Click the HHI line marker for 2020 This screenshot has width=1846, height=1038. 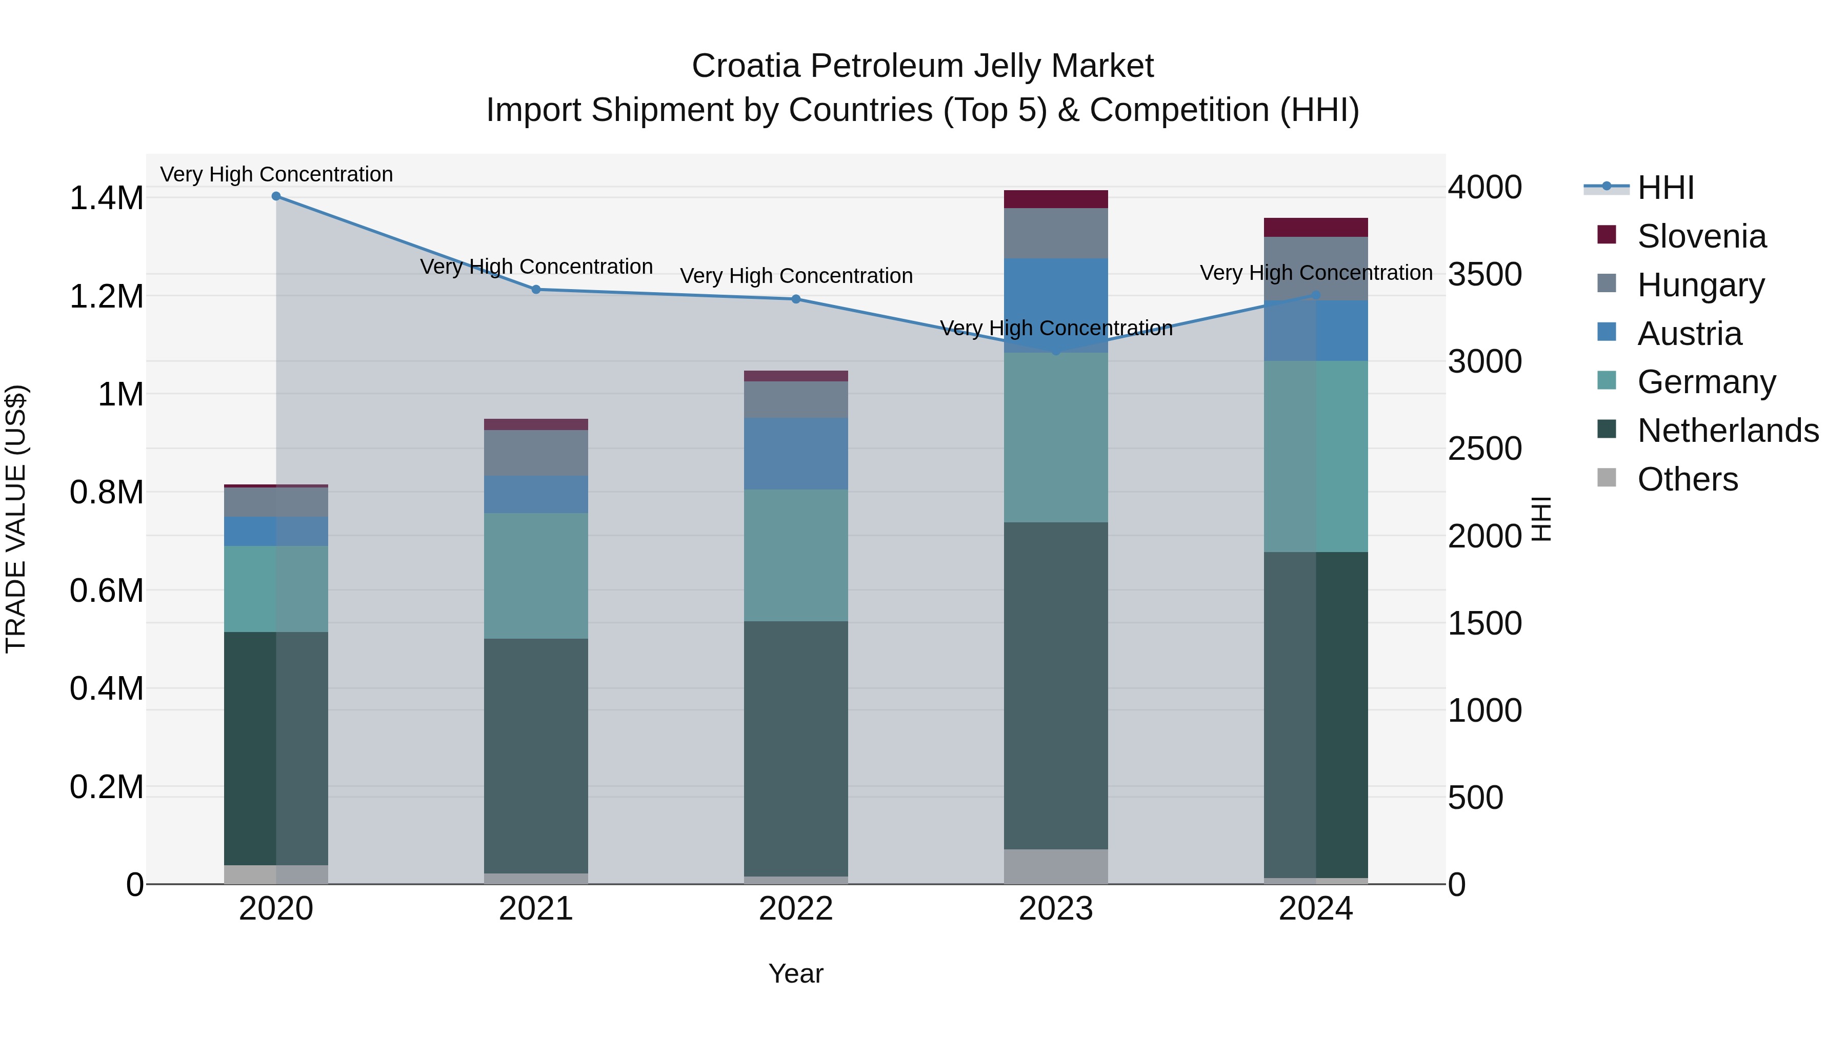(x=276, y=196)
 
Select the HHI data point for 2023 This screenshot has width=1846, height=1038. (x=1056, y=350)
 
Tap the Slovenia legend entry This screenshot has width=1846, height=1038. (x=1701, y=236)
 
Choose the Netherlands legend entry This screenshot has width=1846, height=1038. (x=1727, y=431)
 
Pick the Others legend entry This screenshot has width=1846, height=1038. (x=1687, y=479)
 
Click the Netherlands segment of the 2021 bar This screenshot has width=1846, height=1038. (x=535, y=755)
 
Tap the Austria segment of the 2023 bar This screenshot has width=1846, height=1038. (x=1056, y=304)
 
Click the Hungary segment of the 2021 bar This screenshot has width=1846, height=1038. (x=535, y=452)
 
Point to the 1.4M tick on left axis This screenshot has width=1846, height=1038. (x=106, y=198)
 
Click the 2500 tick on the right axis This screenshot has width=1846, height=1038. (x=1484, y=449)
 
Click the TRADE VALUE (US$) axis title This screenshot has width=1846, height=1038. (x=16, y=519)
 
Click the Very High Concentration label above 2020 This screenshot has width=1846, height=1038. (x=276, y=174)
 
